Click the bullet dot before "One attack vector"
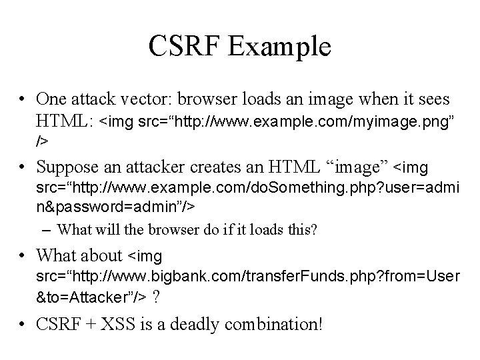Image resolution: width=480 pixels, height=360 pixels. coord(23,100)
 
